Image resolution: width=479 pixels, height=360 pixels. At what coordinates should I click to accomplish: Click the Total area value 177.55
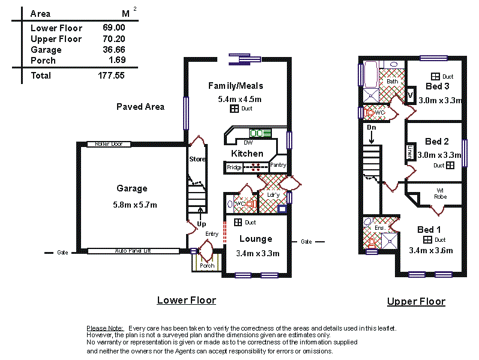pos(111,76)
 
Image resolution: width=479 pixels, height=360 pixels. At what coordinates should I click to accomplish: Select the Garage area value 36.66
pos(114,50)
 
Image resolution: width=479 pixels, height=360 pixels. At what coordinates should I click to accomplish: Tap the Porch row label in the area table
pos(43,61)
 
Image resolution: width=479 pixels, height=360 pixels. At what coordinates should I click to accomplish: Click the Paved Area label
pos(140,107)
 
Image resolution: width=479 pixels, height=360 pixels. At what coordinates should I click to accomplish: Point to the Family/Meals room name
pos(235,86)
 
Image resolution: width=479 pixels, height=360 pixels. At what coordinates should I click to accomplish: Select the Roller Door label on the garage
pos(109,144)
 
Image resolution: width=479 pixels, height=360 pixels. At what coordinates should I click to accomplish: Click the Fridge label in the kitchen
pos(234,167)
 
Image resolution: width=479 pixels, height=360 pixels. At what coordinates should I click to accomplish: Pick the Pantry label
pos(278,164)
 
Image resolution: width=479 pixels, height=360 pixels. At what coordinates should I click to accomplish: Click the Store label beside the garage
pos(197,159)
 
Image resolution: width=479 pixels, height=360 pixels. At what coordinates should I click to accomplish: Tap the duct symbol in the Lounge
pos(238,223)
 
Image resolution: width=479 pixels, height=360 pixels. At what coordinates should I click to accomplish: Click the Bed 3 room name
pos(437,86)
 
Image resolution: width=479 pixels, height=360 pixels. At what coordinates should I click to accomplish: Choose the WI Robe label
pos(440,194)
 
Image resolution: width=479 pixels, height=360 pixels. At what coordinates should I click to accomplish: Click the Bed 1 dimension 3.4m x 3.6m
pos(430,250)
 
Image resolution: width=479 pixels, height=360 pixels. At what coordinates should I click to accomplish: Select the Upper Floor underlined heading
pos(416,301)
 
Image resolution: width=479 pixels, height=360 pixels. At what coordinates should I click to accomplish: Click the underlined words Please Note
pos(105,328)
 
